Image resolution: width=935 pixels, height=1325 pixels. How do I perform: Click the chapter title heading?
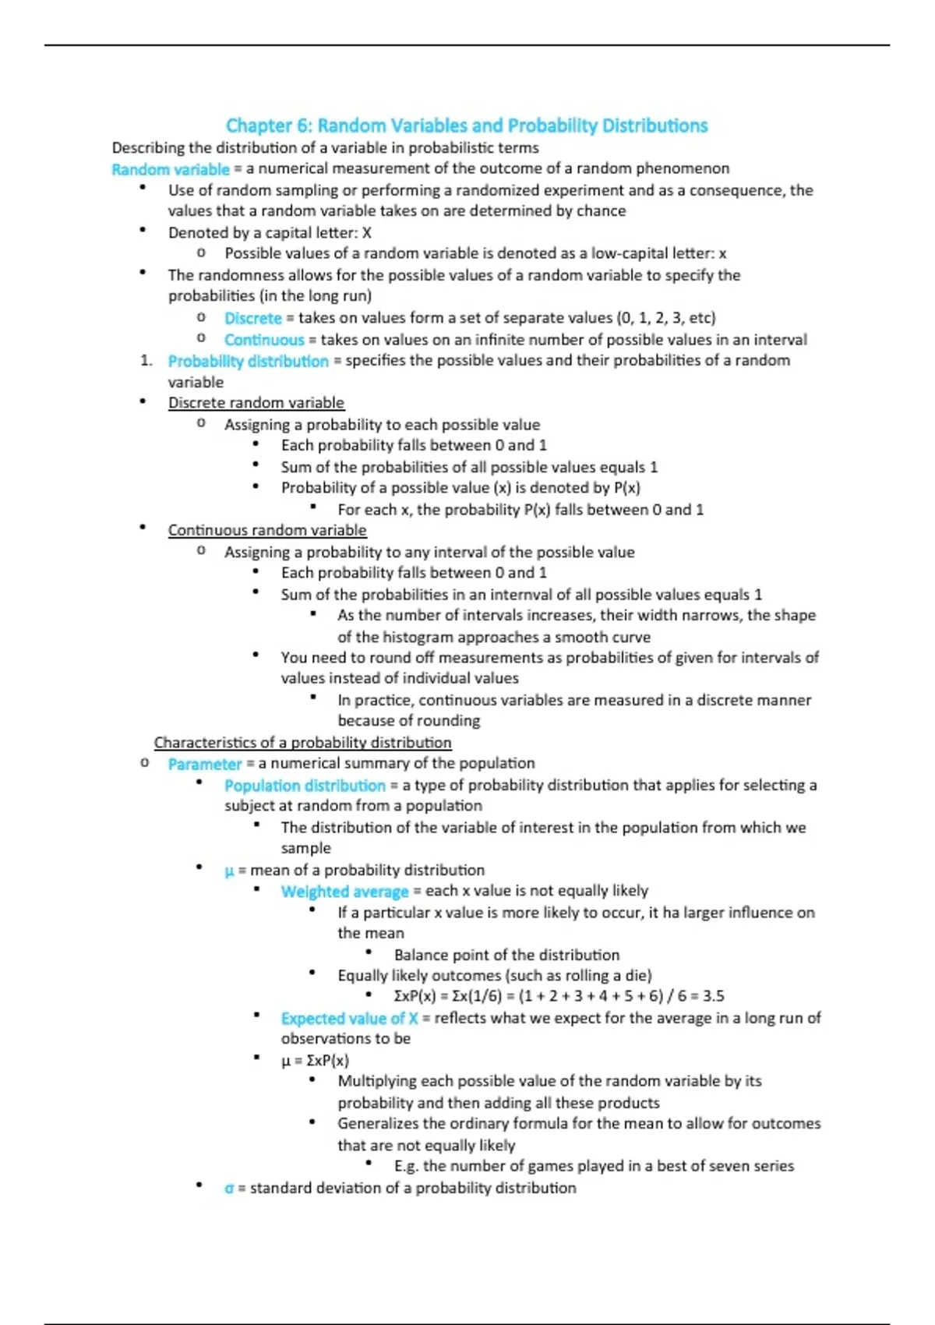[x=467, y=125]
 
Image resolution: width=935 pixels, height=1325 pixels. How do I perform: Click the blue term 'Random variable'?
[x=171, y=169]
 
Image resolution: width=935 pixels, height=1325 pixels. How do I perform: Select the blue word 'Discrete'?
[x=252, y=318]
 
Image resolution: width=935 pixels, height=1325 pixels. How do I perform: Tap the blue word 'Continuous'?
[x=264, y=340]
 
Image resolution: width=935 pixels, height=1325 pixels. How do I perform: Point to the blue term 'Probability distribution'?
[x=249, y=361]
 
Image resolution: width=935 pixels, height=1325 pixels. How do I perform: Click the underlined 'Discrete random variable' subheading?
[x=256, y=403]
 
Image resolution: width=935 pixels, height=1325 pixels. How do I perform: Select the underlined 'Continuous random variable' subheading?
[x=267, y=530]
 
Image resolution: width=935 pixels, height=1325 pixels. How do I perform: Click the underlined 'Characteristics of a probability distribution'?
[x=302, y=743]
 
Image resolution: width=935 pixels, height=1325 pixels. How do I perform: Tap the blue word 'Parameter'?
[x=204, y=764]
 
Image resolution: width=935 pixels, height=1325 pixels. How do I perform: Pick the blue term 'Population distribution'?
[x=305, y=786]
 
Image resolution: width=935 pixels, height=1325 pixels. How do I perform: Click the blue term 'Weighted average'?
[x=344, y=891]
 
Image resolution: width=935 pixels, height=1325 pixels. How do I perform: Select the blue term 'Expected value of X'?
[x=349, y=1018]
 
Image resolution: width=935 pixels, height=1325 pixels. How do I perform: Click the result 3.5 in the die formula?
[x=713, y=996]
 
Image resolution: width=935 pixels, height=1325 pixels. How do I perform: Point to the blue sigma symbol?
[x=229, y=1189]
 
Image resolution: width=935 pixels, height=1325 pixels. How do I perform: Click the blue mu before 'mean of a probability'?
[x=229, y=871]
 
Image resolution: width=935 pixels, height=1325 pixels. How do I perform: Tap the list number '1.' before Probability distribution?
[x=146, y=360]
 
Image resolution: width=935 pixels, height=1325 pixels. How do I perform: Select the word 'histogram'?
[x=418, y=637]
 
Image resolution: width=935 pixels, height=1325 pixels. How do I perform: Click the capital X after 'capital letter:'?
[x=367, y=233]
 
